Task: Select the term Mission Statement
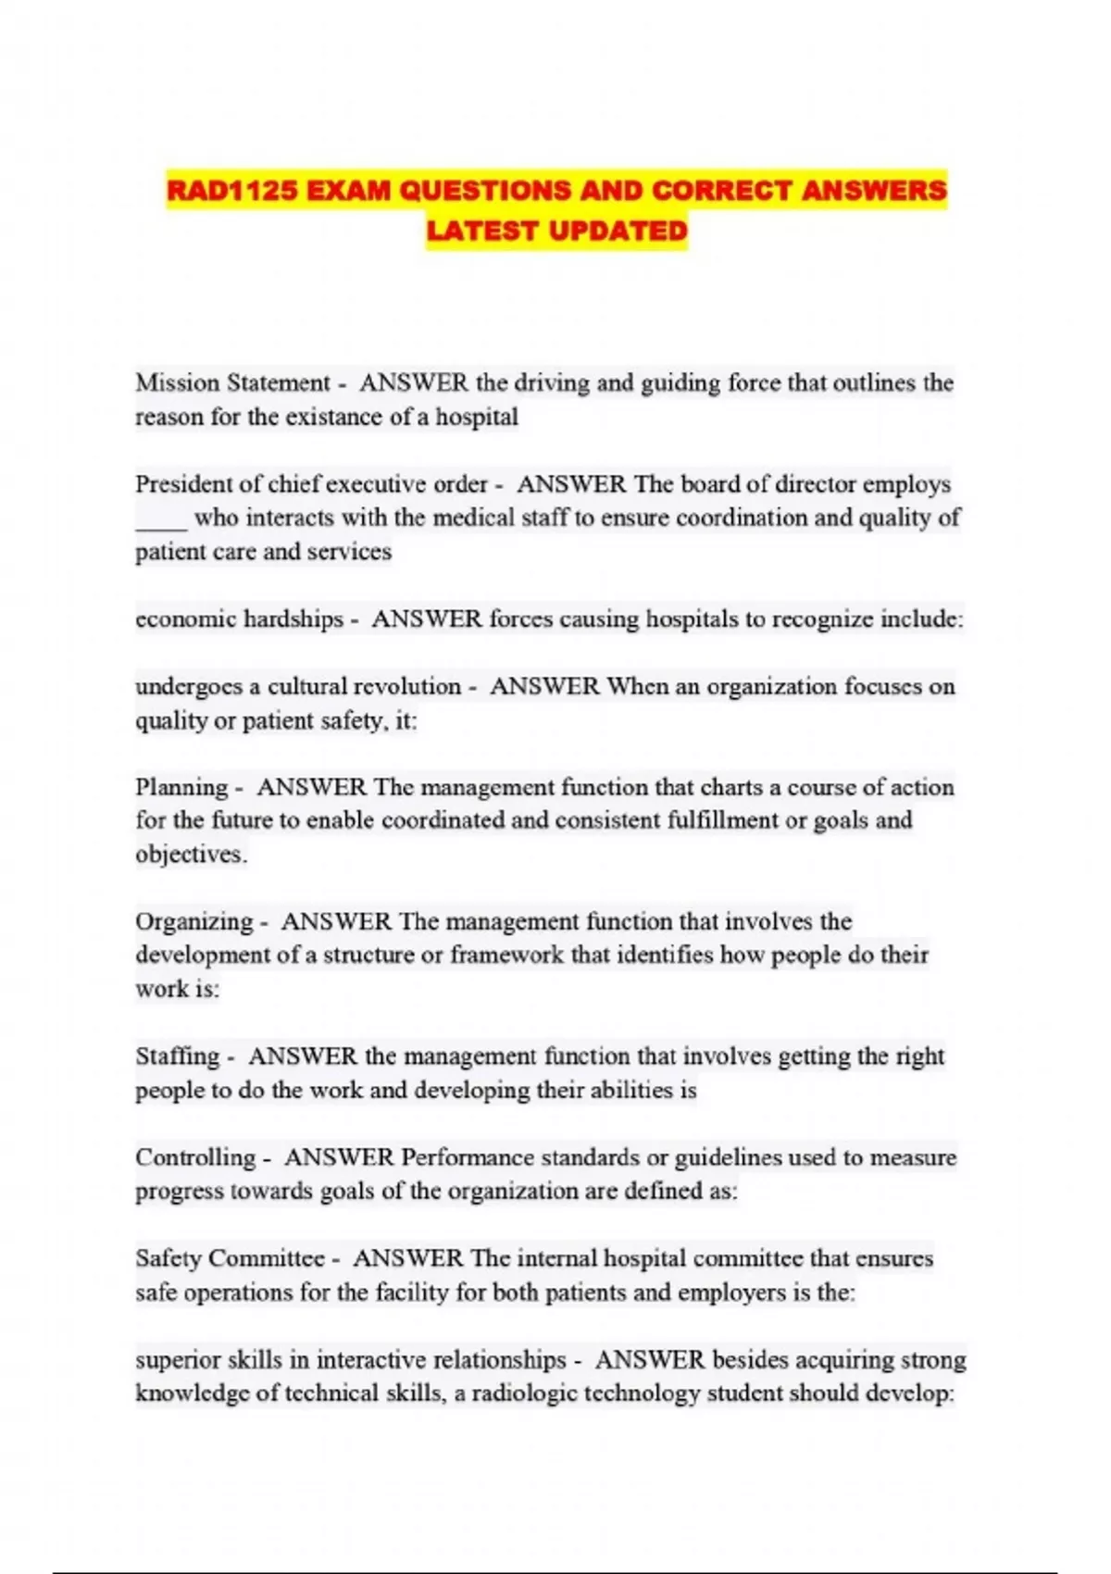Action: [x=232, y=383]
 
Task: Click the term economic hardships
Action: [x=239, y=618]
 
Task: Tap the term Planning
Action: [x=181, y=788]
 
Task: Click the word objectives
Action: [x=190, y=855]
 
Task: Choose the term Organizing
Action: [x=193, y=922]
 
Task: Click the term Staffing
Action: [x=177, y=1056]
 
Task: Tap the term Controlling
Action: [x=194, y=1157]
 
